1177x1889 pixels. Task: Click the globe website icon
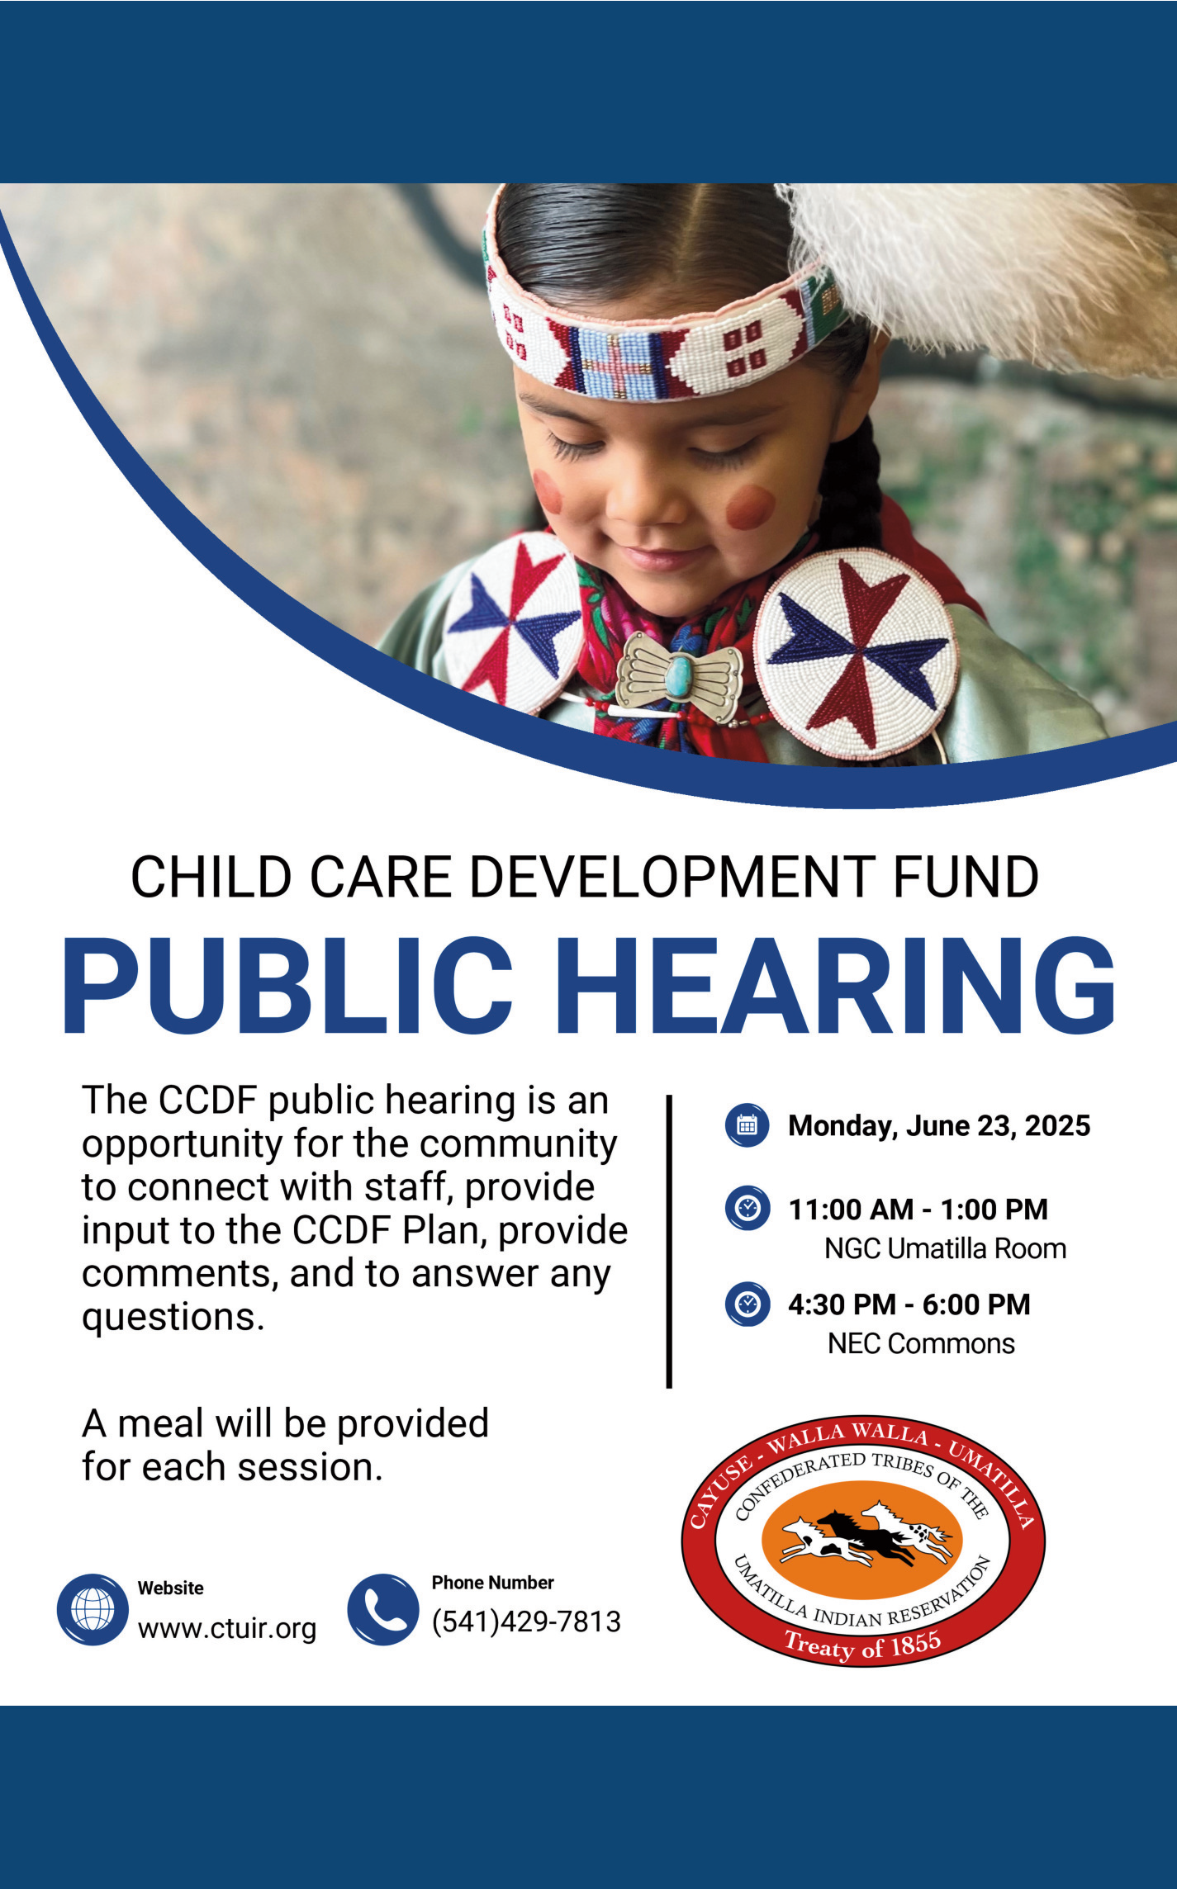(93, 1609)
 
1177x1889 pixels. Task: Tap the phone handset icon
(382, 1609)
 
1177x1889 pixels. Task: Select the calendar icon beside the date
(747, 1125)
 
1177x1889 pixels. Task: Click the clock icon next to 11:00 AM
(747, 1209)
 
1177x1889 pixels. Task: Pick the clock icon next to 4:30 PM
(747, 1304)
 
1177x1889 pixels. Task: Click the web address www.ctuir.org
(227, 1629)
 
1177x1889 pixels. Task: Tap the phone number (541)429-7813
(526, 1622)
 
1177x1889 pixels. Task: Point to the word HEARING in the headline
(835, 986)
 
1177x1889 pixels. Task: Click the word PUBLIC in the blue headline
(288, 986)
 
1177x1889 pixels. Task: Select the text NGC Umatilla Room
(945, 1248)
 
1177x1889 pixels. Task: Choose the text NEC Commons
(921, 1343)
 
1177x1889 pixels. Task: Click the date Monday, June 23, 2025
(939, 1126)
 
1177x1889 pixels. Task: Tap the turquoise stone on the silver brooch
(679, 675)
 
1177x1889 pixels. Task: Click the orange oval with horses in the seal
(861, 1538)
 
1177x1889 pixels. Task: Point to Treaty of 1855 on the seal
(862, 1645)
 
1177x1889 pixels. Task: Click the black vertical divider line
(669, 1242)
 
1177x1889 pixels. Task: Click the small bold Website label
(170, 1588)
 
